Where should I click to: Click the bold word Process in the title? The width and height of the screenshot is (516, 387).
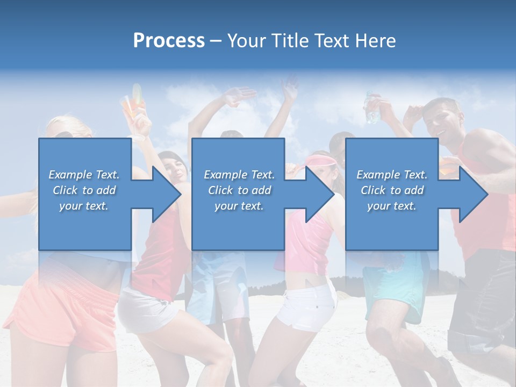(169, 41)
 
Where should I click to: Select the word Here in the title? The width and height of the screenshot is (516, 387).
(376, 41)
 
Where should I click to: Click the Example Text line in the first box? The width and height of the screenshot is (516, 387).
(84, 175)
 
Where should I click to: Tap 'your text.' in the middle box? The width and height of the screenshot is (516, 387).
(239, 206)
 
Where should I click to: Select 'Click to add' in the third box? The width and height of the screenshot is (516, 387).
(392, 190)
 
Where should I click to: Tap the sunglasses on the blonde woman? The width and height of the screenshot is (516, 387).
(64, 134)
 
